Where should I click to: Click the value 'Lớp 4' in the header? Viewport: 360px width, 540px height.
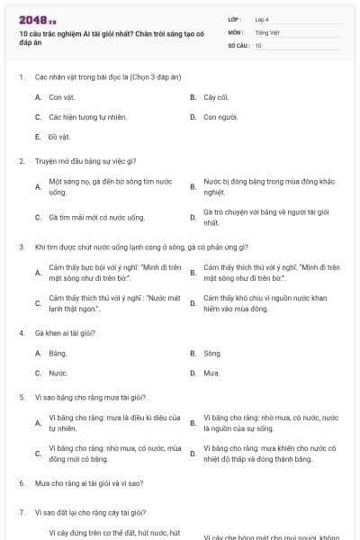click(262, 19)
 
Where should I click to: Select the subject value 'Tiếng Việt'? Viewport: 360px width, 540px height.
click(267, 31)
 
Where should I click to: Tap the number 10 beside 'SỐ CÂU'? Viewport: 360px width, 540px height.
click(258, 45)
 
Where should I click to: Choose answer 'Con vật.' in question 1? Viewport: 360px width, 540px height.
click(62, 96)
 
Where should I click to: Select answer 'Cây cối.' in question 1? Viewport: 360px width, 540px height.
click(217, 96)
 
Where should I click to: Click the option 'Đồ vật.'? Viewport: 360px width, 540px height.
click(59, 137)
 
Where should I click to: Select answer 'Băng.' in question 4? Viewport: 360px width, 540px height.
click(58, 353)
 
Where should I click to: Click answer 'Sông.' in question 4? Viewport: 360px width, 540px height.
click(212, 353)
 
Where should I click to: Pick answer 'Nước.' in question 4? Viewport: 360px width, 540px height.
click(58, 373)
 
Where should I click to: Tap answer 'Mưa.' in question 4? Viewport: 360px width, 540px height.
click(211, 373)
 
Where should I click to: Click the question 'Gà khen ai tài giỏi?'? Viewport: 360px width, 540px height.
click(66, 333)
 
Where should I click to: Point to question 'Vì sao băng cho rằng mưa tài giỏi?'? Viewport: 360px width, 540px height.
click(91, 397)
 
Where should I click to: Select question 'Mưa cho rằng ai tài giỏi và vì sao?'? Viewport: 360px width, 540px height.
click(89, 483)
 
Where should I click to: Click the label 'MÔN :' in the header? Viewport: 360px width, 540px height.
click(236, 31)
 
